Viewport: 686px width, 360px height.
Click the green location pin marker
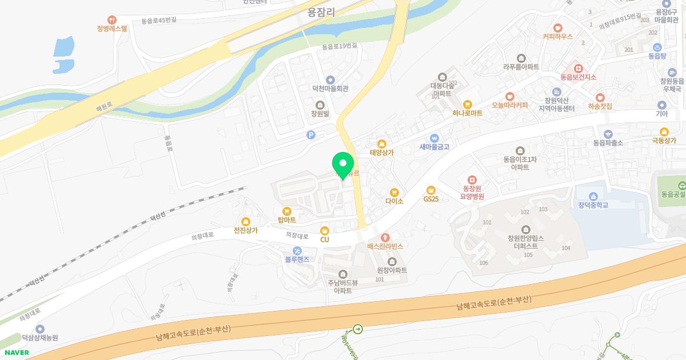pyautogui.click(x=343, y=165)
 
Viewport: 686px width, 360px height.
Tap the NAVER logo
pyautogui.click(x=17, y=353)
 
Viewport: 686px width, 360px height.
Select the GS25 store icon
pyautogui.click(x=430, y=190)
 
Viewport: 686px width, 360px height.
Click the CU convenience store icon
pyautogui.click(x=325, y=230)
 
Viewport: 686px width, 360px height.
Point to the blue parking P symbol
pyautogui.click(x=311, y=135)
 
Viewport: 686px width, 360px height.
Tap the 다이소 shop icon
pyautogui.click(x=394, y=193)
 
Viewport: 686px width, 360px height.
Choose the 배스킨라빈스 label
pyautogui.click(x=385, y=246)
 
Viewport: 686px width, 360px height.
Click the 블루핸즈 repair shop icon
pyautogui.click(x=297, y=250)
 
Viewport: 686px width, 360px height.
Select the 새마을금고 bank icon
pyautogui.click(x=434, y=138)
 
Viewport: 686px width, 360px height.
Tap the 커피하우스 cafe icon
pyautogui.click(x=557, y=27)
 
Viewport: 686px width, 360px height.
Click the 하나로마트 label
pyautogui.click(x=467, y=113)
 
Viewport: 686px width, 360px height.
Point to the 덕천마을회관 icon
pyautogui.click(x=330, y=80)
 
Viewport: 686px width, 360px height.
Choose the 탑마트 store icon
pyautogui.click(x=286, y=211)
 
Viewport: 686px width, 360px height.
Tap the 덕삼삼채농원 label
pyautogui.click(x=40, y=338)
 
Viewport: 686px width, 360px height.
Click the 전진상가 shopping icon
pyautogui.click(x=246, y=222)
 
